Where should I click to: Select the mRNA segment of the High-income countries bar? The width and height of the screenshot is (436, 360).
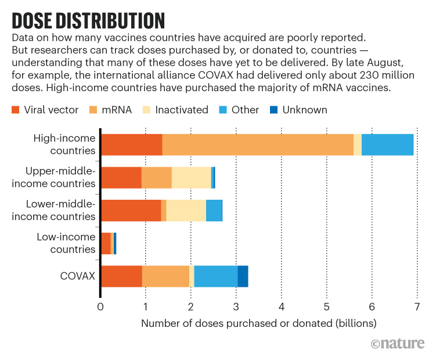pyautogui.click(x=258, y=144)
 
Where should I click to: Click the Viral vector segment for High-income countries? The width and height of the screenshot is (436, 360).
pyautogui.click(x=132, y=144)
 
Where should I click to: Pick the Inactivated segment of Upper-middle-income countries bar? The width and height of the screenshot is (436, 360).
pyautogui.click(x=191, y=177)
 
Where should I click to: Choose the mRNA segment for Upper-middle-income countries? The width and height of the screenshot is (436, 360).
pyautogui.click(x=157, y=177)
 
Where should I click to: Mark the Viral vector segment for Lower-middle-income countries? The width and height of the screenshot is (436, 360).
pyautogui.click(x=131, y=210)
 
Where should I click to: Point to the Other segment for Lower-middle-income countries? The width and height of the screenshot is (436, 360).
pyautogui.click(x=214, y=210)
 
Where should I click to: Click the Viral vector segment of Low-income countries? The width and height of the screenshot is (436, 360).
pyautogui.click(x=106, y=243)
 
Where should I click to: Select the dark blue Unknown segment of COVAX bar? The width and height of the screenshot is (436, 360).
pyautogui.click(x=243, y=276)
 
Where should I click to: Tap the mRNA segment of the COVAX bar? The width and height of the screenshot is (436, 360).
pyautogui.click(x=165, y=276)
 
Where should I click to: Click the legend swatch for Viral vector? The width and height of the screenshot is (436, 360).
pyautogui.click(x=16, y=110)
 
